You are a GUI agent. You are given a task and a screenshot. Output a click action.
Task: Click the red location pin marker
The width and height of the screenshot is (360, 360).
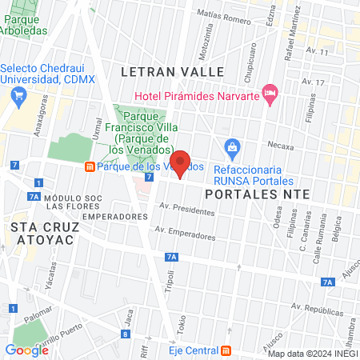click(x=181, y=163)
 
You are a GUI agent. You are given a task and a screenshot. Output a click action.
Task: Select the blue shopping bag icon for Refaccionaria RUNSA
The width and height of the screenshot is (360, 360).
click(x=232, y=147)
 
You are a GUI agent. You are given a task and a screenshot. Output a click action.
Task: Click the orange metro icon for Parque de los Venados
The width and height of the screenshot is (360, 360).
click(x=90, y=166)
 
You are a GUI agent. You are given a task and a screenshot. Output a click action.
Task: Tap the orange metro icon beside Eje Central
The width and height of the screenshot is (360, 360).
click(x=227, y=350)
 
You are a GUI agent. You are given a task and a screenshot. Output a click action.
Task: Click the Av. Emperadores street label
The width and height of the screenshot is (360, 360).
click(x=187, y=234)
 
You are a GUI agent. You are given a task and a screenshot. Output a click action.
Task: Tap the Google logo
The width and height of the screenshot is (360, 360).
click(x=26, y=350)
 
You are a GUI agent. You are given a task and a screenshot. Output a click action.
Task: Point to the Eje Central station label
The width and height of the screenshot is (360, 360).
click(x=194, y=350)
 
